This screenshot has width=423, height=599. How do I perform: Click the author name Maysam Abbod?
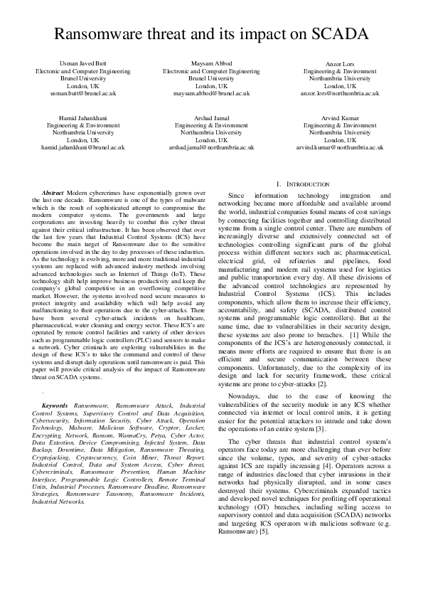point(210,64)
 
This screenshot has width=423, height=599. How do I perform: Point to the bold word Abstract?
point(53,193)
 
